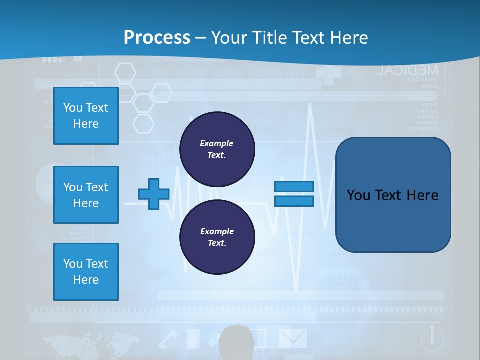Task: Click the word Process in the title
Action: pyautogui.click(x=157, y=38)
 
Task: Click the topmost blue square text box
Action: pyautogui.click(x=86, y=116)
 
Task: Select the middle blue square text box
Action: pyautogui.click(x=86, y=195)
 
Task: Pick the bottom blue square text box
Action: pyautogui.click(x=86, y=272)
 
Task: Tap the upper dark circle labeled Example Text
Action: pyautogui.click(x=217, y=149)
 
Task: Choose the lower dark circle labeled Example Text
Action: pyautogui.click(x=217, y=237)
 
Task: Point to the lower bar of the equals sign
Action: pyautogui.click(x=294, y=201)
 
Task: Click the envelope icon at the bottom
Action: pyautogui.click(x=292, y=338)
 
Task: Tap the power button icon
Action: pyautogui.click(x=432, y=339)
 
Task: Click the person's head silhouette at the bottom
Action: pyautogui.click(x=237, y=342)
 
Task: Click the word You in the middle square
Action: pyautogui.click(x=72, y=187)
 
